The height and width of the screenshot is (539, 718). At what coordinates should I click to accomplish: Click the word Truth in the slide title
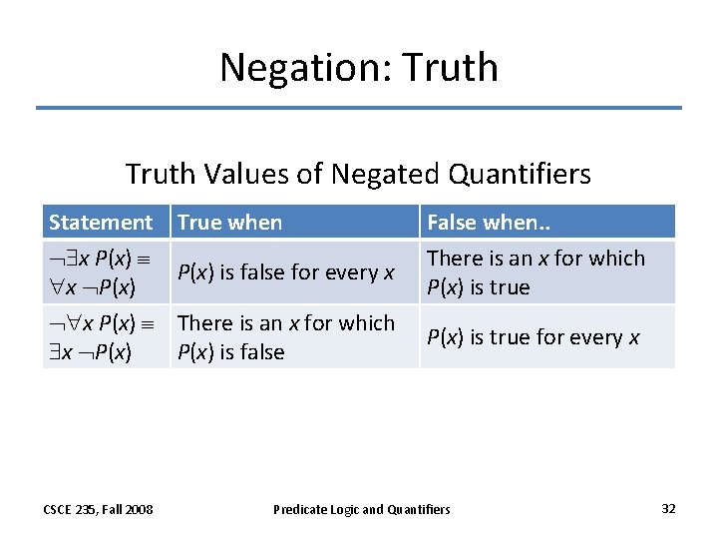[452, 68]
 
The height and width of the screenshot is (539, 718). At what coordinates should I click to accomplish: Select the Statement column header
[101, 223]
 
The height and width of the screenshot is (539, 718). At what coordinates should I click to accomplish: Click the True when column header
[229, 223]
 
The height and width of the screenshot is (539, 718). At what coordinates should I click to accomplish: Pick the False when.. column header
[488, 223]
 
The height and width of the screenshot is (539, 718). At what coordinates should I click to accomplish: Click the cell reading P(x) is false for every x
[286, 272]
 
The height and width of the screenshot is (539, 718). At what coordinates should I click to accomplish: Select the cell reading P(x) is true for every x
[534, 337]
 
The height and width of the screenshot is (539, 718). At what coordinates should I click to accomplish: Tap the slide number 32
[668, 509]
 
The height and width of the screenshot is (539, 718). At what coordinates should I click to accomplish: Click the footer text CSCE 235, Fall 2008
[99, 510]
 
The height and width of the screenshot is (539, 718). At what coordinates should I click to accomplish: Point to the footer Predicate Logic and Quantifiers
[362, 510]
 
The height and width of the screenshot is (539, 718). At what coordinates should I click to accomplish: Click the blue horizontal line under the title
[359, 108]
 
